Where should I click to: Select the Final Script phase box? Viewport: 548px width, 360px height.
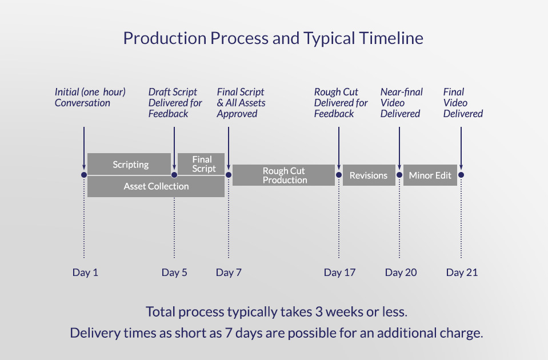[x=201, y=164]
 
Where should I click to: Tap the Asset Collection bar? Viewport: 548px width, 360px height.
[x=156, y=186]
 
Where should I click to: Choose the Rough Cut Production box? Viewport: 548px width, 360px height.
[x=283, y=175]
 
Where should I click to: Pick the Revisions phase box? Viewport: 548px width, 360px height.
[x=369, y=175]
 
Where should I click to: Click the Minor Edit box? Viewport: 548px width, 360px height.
[x=430, y=175]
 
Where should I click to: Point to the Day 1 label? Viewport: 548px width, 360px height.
[x=85, y=272]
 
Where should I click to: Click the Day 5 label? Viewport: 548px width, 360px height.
[x=174, y=272]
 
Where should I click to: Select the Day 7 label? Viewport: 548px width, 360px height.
[x=229, y=272]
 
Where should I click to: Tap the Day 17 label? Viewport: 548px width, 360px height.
[x=339, y=272]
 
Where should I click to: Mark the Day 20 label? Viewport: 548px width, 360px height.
[x=401, y=272]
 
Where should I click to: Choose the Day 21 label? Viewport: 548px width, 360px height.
[x=462, y=272]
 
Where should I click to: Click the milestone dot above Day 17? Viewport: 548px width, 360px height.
[x=339, y=175]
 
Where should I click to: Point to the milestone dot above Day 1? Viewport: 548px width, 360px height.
[x=84, y=175]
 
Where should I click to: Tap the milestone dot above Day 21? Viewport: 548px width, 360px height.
[x=461, y=175]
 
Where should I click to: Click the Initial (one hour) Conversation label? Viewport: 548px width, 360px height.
[x=90, y=97]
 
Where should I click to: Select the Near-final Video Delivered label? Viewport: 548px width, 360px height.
[x=402, y=103]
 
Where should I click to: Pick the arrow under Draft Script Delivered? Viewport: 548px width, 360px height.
[x=174, y=148]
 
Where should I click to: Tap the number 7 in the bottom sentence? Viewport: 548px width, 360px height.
[x=229, y=333]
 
